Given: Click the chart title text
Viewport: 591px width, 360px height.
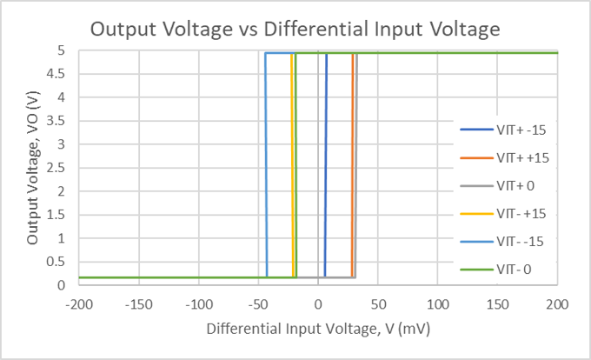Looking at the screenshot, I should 295,29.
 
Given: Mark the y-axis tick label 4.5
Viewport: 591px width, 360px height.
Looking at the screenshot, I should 59,74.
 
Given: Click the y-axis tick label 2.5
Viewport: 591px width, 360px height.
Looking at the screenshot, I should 59,168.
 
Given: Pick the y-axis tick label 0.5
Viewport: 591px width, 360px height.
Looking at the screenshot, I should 59,262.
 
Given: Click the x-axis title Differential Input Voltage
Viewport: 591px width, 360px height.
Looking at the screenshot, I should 318,330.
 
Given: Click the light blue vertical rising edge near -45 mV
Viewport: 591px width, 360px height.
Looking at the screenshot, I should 266,165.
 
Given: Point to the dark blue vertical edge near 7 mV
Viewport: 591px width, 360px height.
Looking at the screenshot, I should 326,165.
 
